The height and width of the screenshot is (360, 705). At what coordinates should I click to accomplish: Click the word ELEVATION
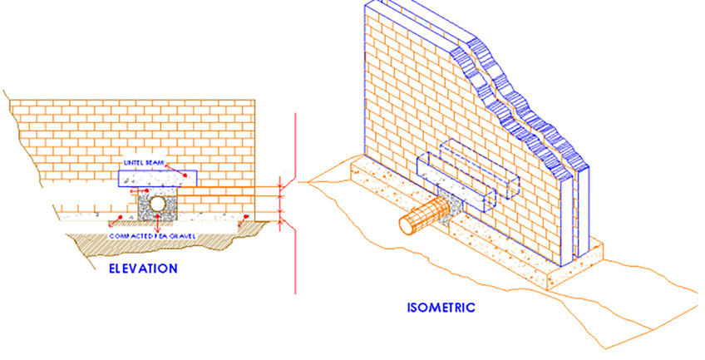tap(142, 269)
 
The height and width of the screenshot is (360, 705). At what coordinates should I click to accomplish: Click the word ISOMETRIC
tap(441, 308)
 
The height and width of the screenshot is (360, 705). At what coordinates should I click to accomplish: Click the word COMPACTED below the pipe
tap(133, 237)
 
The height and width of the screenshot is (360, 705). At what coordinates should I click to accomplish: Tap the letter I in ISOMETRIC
tap(408, 308)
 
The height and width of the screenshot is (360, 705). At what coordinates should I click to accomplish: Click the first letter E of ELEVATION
tap(113, 269)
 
